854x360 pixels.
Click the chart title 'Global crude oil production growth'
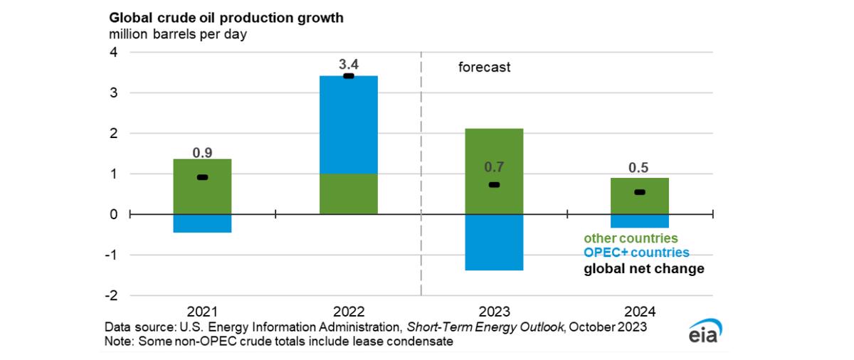(x=226, y=17)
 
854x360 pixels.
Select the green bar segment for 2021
(x=202, y=186)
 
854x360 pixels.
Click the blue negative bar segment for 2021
(x=202, y=223)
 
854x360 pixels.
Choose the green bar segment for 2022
(x=348, y=194)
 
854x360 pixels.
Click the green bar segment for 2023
(x=494, y=153)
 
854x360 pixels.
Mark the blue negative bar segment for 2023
(x=494, y=242)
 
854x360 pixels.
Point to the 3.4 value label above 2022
(x=348, y=64)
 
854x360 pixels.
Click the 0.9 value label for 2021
(x=202, y=152)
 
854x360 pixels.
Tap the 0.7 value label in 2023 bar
(x=494, y=168)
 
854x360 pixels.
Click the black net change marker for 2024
(x=639, y=192)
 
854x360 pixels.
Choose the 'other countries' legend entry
(x=631, y=238)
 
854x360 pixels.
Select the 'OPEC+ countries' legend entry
(x=636, y=253)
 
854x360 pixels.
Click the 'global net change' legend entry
(x=644, y=269)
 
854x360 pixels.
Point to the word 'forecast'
(x=484, y=68)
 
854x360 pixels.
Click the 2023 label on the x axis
(x=494, y=312)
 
